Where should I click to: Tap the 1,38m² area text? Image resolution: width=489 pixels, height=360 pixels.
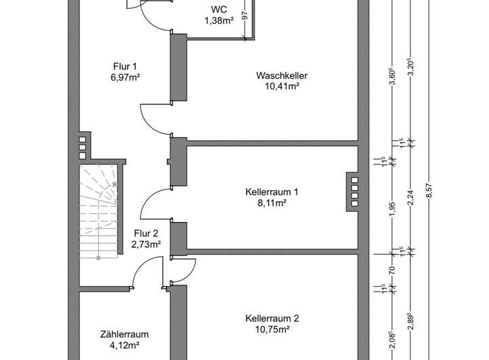click(219, 22)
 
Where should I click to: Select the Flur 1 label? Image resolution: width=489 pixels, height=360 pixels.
click(125, 66)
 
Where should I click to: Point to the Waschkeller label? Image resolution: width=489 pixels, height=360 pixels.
click(278, 75)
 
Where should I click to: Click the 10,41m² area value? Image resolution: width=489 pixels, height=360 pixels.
click(278, 86)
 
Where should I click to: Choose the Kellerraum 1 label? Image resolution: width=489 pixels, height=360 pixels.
click(272, 192)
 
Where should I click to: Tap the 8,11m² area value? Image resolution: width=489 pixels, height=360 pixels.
click(272, 202)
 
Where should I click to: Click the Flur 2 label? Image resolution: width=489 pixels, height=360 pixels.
click(146, 233)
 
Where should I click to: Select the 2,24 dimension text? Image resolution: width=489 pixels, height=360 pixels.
click(410, 197)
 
